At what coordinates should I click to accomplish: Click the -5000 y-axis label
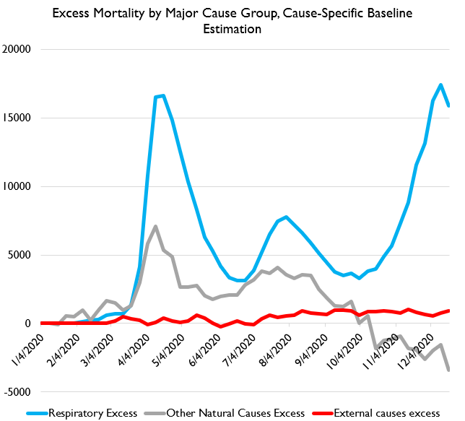(x=22, y=392)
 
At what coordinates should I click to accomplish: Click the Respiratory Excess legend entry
(x=91, y=412)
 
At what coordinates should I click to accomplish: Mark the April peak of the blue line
(x=163, y=95)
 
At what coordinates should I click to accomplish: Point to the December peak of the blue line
(x=441, y=84)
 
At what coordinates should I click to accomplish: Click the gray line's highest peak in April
(x=156, y=226)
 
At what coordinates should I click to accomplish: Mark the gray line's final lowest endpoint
(x=449, y=370)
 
